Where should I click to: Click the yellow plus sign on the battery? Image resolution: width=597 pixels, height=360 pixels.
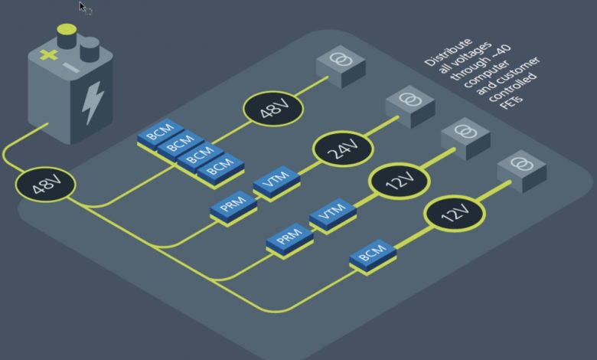click(x=49, y=55)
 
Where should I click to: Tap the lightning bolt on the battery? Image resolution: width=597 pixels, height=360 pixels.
click(x=93, y=102)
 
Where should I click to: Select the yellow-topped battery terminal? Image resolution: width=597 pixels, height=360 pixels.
click(x=67, y=36)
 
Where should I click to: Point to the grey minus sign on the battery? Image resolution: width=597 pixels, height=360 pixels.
click(x=71, y=68)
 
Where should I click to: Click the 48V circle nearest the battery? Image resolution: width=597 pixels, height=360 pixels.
click(x=46, y=185)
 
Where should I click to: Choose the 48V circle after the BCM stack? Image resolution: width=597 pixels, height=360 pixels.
click(x=273, y=109)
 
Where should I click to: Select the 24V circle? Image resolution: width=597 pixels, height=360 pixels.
click(x=343, y=149)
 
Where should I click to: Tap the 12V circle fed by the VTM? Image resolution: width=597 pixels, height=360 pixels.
click(x=399, y=181)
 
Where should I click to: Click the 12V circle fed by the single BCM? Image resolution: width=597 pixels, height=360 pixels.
click(x=455, y=214)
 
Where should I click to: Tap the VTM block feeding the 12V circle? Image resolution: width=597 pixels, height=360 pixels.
click(x=333, y=215)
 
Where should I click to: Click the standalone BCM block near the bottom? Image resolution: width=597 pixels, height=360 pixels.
click(x=373, y=257)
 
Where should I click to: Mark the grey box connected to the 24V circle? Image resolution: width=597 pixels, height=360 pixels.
click(x=410, y=106)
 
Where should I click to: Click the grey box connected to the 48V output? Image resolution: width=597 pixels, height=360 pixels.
click(x=341, y=67)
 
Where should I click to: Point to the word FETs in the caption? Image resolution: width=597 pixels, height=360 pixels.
click(x=511, y=102)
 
